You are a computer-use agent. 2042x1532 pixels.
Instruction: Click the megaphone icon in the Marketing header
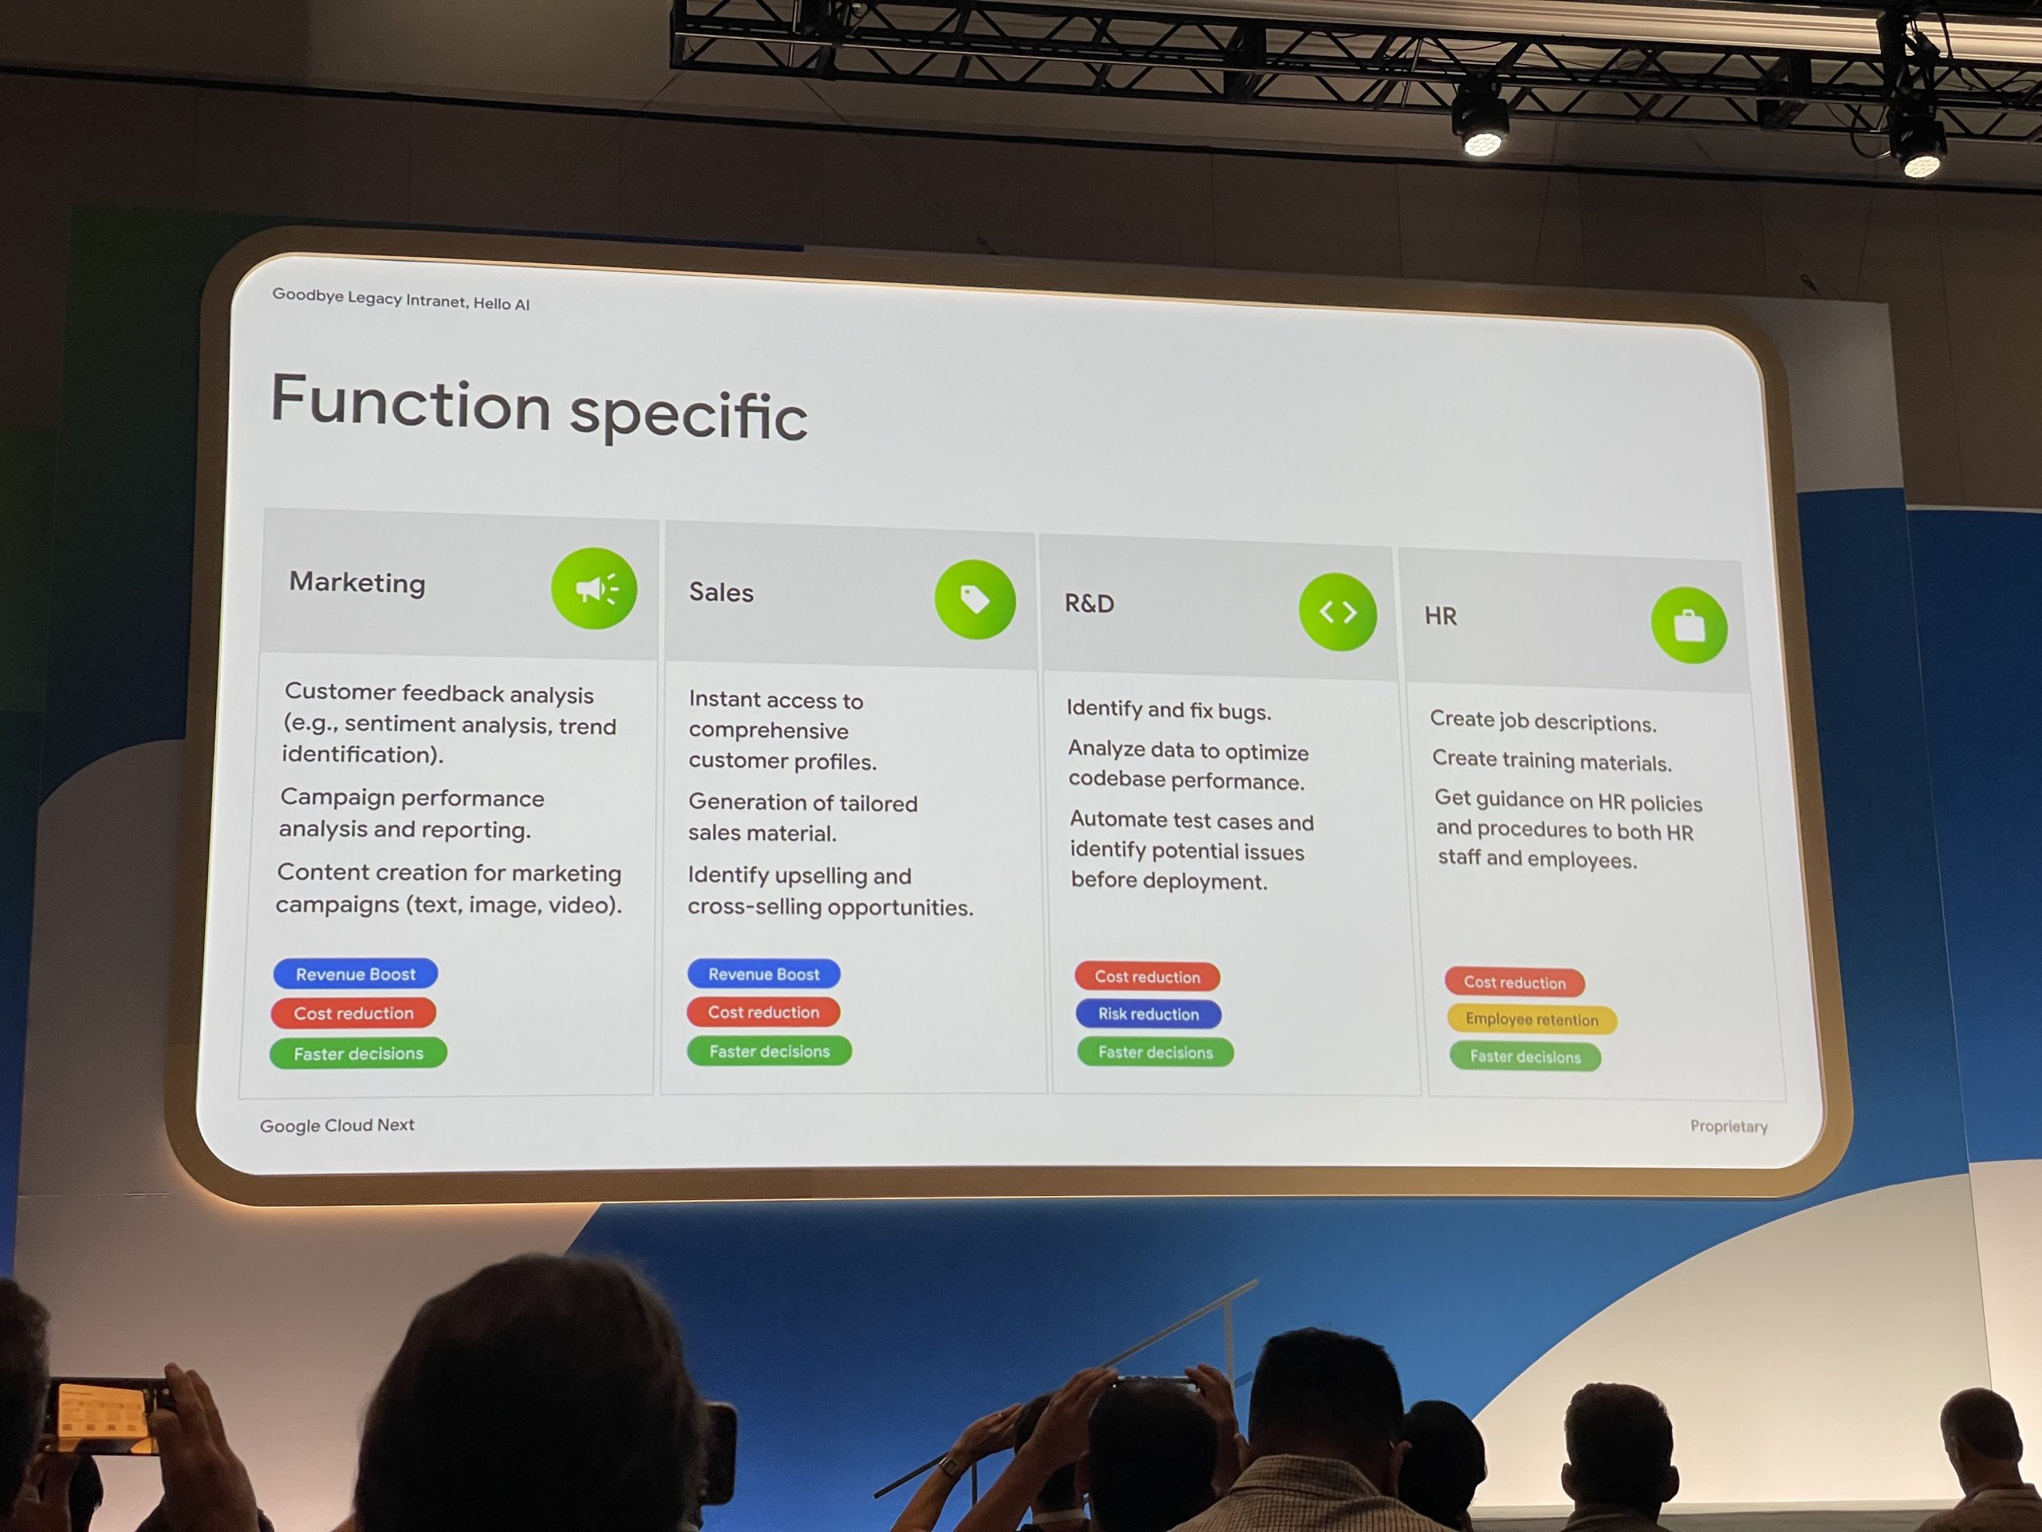tap(593, 588)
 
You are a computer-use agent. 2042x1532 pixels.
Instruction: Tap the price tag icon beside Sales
tap(975, 599)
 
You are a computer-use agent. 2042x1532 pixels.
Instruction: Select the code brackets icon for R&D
tap(1338, 611)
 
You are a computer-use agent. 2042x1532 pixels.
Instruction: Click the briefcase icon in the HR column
tap(1689, 626)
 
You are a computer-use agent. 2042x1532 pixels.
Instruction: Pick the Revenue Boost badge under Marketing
tap(356, 973)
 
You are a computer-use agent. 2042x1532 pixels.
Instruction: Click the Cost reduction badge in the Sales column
tap(763, 1012)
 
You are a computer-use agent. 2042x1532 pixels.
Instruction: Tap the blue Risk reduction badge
tap(1149, 1014)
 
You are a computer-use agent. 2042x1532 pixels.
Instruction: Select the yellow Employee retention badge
tap(1531, 1020)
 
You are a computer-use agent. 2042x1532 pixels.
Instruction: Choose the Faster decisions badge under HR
tap(1525, 1056)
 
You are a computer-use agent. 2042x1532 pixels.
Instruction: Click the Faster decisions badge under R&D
tap(1155, 1052)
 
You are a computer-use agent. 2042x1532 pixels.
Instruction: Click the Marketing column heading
tap(357, 582)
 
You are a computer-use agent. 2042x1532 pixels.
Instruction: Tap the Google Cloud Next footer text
tap(337, 1125)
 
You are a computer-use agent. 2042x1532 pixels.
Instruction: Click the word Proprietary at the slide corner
tap(1729, 1126)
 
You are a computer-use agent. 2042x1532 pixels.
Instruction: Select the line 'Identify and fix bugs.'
tap(1169, 709)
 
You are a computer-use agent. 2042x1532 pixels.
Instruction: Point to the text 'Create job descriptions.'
tap(1543, 721)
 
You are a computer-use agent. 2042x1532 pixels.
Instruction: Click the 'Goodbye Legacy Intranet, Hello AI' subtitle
tap(400, 298)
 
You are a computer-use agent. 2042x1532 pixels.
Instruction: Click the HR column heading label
tap(1440, 616)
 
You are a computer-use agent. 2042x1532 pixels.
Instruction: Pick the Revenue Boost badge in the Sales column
tap(763, 973)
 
